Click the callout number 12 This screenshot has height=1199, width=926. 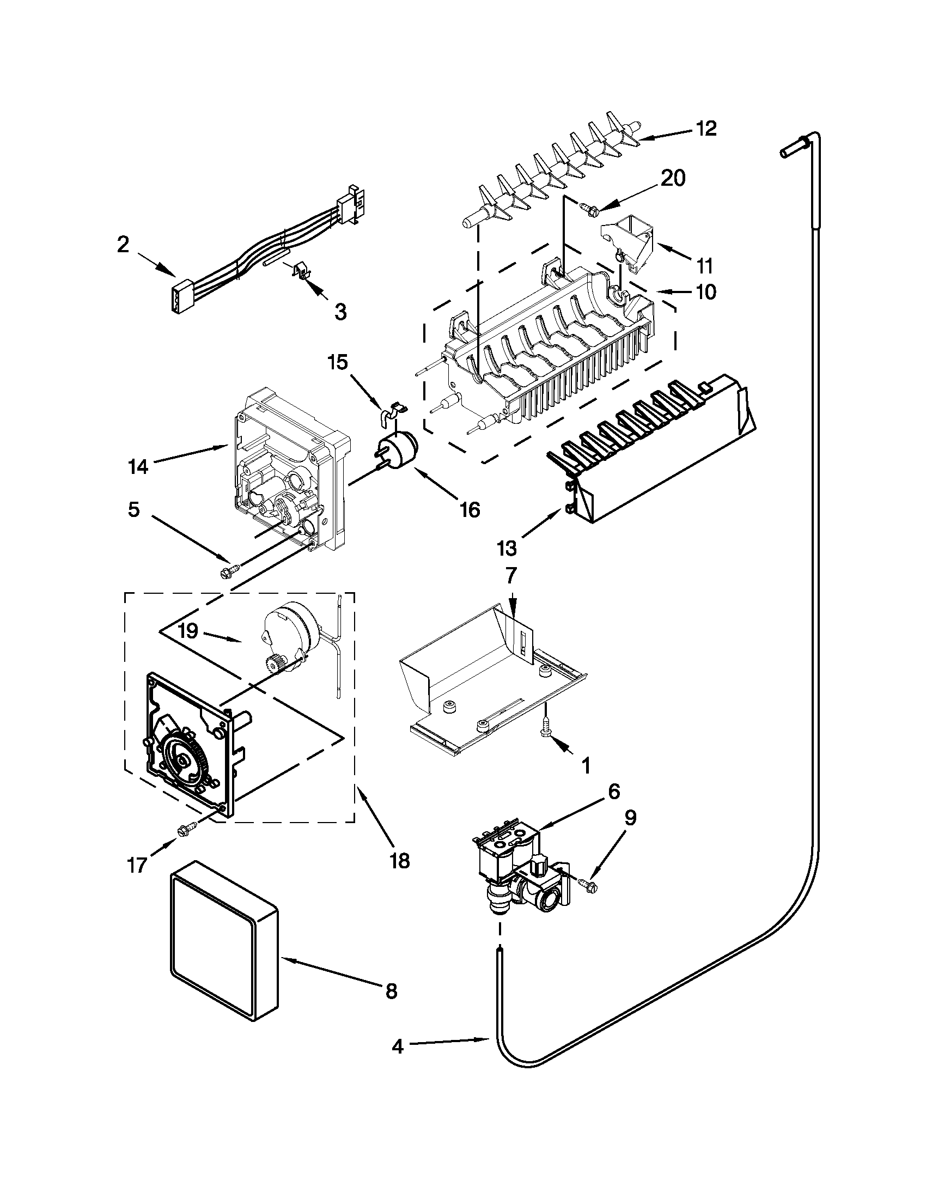(706, 129)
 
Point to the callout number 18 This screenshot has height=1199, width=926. (400, 861)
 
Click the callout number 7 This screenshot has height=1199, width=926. (510, 576)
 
